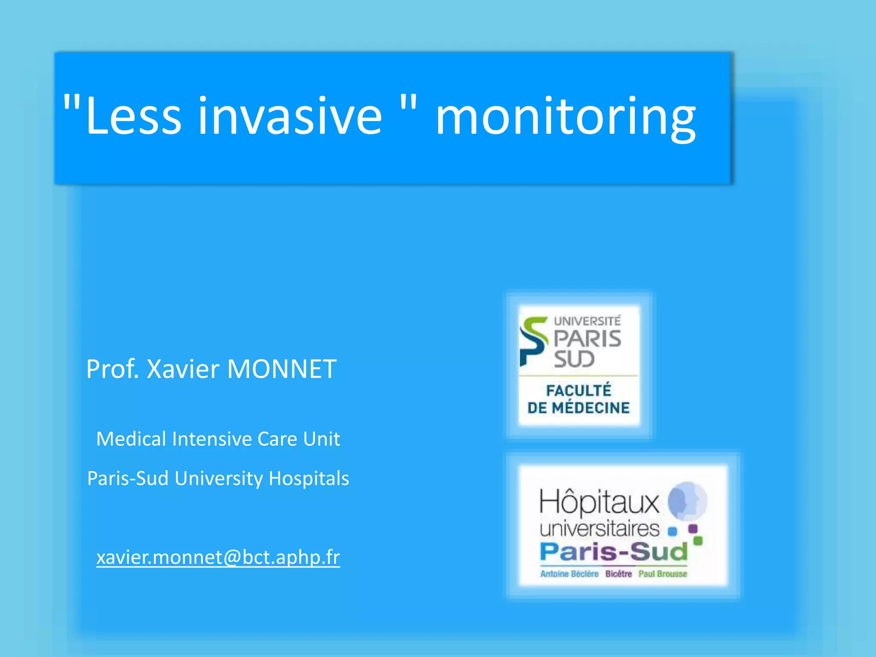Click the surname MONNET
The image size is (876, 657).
281,369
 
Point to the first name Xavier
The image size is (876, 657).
183,369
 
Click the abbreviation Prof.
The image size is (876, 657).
112,369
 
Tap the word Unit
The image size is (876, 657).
321,439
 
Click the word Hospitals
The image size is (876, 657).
309,478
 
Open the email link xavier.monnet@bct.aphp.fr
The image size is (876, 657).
218,557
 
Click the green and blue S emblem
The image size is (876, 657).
533,341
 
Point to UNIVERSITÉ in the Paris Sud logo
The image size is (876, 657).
587,321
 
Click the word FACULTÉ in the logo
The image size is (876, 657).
579,390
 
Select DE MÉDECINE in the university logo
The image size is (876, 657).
579,408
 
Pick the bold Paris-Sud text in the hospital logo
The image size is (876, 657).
614,552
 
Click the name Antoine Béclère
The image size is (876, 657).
569,574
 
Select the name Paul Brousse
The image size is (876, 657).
663,574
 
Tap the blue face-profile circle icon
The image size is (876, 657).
687,501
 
